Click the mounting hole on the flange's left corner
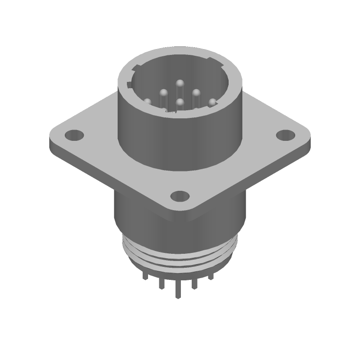pos(75,135)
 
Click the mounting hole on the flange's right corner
pos(284,135)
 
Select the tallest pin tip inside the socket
pos(180,83)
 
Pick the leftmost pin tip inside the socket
pos(147,102)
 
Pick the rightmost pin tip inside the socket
pos(212,103)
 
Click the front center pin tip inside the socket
pos(180,103)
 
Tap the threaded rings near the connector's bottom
pos(180,256)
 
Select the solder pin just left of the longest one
pos(161,283)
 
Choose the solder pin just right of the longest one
pos(194,283)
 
